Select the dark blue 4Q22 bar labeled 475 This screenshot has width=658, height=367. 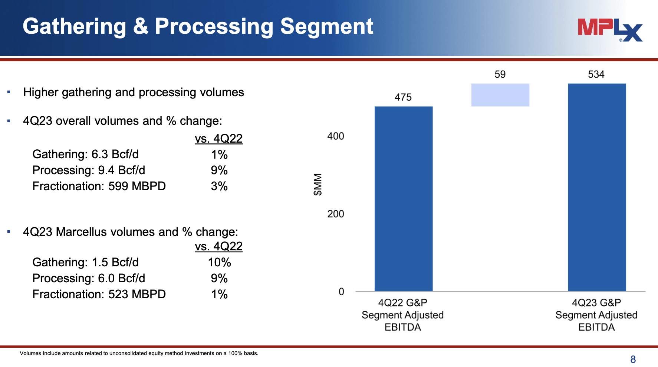pos(404,199)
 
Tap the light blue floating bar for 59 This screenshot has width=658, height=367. pos(500,95)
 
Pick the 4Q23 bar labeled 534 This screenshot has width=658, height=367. pos(597,188)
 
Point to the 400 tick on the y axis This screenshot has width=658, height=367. pos(335,136)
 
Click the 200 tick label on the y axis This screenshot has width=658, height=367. pos(335,214)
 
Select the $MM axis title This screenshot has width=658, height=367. pos(318,184)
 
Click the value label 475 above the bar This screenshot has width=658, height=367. pos(403,97)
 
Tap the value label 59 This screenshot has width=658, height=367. pos(500,74)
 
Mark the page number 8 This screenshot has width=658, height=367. pos(633,359)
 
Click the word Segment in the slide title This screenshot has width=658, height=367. pos(326,27)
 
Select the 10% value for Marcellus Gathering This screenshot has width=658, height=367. pos(219,262)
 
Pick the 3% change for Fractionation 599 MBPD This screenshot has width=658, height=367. pos(219,186)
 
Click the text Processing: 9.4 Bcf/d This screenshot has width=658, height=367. pos(89,170)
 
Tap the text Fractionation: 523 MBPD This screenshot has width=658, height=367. pos(99,294)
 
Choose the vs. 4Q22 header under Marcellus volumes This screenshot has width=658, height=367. pos(218,246)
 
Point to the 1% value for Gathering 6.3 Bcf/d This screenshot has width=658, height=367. pos(219,155)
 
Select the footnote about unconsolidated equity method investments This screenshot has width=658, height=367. pos(139,353)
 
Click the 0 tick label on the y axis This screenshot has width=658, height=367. pos(341,292)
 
